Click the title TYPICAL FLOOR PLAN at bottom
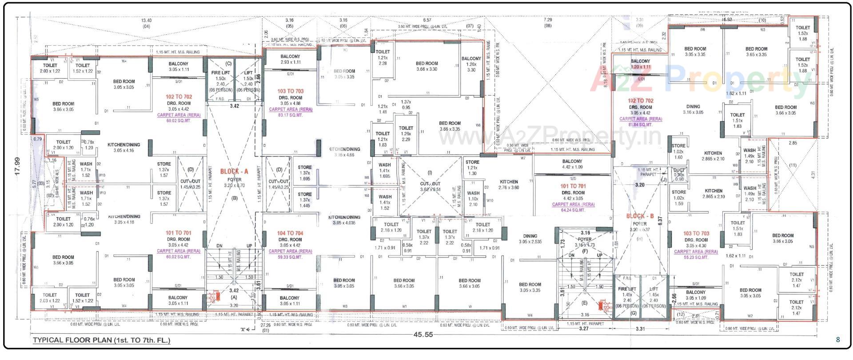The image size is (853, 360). (101, 341)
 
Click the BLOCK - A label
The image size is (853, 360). (234, 171)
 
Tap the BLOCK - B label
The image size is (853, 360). (640, 216)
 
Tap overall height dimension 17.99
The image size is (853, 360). (18, 167)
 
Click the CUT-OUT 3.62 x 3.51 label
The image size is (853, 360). (430, 186)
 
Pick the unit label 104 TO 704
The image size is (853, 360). (290, 233)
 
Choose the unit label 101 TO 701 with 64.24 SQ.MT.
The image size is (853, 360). (573, 186)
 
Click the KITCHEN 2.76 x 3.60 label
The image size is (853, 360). (509, 184)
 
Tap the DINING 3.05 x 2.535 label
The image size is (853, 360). (530, 239)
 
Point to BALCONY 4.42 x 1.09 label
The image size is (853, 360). (572, 164)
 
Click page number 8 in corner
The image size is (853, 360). (838, 340)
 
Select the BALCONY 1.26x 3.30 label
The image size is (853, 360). (471, 64)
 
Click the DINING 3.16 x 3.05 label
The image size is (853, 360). (693, 109)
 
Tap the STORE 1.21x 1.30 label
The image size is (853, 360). (472, 168)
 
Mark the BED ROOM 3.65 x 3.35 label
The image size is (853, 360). (756, 52)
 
